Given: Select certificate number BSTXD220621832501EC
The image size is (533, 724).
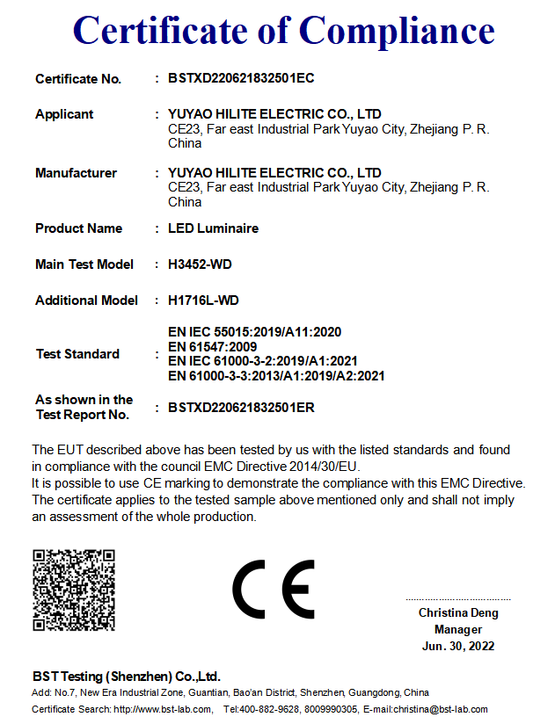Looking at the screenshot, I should coord(241,78).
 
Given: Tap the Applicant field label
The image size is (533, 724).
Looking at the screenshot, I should coord(64,114).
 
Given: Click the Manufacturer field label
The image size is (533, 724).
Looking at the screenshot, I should coord(76,173).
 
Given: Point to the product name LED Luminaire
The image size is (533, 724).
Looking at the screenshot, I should coord(213,228).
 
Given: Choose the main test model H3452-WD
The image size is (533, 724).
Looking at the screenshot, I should coord(200,264).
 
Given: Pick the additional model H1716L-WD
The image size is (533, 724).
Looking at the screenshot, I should coord(203,300).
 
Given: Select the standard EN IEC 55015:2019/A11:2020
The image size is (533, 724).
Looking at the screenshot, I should coord(254,332).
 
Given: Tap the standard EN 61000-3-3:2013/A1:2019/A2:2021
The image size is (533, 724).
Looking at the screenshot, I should coord(276,376).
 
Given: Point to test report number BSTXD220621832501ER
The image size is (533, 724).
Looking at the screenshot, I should coord(241,408).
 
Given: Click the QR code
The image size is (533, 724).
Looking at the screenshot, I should coord(74,590).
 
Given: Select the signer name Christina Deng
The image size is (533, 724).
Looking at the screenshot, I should coord(458,613).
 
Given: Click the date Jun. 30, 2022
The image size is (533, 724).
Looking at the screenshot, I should coord(458,646).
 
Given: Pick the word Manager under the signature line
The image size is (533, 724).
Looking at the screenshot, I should coord(458,630).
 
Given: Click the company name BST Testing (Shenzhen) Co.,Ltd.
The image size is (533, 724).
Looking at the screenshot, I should coord(127,677).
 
